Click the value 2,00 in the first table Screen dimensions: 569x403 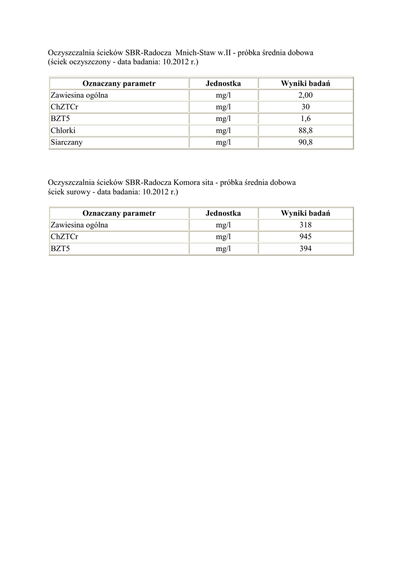(x=306, y=95)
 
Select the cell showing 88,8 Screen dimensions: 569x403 (x=306, y=131)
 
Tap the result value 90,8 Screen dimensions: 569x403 (x=306, y=142)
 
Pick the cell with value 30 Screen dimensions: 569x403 (x=306, y=107)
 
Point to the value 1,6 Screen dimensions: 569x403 (x=306, y=118)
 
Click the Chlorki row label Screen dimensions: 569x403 (x=63, y=131)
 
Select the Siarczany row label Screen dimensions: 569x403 (x=66, y=142)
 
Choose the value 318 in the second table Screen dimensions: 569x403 (x=306, y=225)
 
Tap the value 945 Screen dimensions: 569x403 (x=306, y=237)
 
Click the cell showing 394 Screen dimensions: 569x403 (x=306, y=249)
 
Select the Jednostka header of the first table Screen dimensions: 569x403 (x=223, y=83)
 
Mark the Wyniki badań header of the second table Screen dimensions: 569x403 (x=306, y=213)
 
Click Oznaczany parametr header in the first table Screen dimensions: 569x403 (x=119, y=83)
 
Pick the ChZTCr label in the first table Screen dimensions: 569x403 (x=64, y=107)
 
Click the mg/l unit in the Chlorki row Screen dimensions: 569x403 (x=223, y=131)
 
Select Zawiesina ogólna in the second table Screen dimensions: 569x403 (x=79, y=225)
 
